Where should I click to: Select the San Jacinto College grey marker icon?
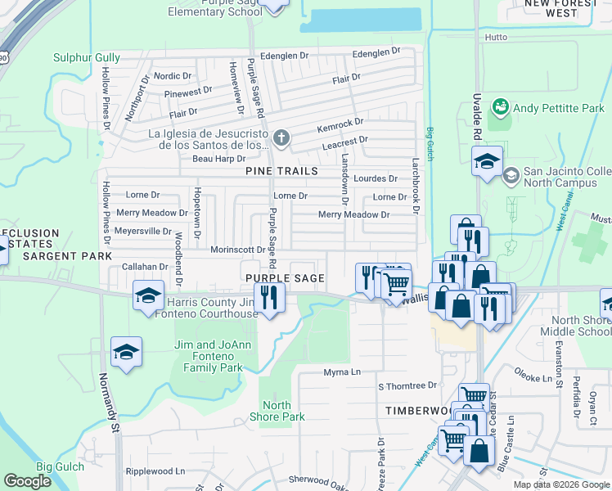511,174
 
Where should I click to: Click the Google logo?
28,480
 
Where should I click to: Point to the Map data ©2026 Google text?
560,484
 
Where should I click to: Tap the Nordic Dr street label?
172,75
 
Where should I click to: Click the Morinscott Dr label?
238,250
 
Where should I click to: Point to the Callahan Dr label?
144,267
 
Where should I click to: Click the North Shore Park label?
283,411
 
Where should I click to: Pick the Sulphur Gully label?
87,57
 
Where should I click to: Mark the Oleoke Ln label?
534,379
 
